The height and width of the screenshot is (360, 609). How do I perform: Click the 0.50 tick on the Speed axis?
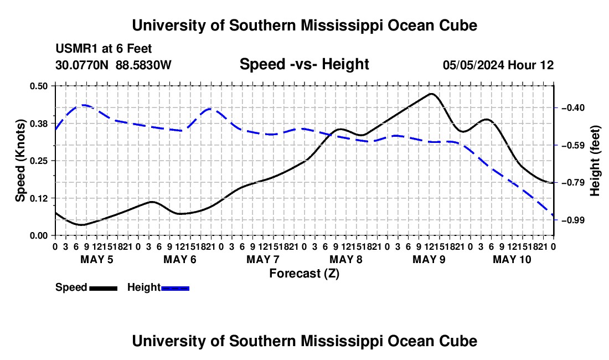39,86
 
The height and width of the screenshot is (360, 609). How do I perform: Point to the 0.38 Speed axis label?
39,124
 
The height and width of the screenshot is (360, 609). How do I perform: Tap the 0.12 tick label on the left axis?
39,198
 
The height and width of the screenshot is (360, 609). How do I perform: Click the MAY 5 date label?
97,259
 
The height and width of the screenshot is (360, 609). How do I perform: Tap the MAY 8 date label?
346,259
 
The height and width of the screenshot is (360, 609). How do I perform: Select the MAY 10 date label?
512,259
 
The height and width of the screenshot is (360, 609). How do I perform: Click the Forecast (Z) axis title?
304,274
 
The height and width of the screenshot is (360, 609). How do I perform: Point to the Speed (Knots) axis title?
20,161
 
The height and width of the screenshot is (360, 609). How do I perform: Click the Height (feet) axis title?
595,161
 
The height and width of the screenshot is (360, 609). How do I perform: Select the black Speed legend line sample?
104,289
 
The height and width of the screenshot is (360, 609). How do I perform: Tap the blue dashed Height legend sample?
175,289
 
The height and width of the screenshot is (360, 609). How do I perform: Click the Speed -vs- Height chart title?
304,64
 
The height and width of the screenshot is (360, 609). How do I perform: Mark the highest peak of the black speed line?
431,94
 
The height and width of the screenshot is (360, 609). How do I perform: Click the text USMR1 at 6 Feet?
104,49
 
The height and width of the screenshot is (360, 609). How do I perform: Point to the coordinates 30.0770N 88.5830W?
113,65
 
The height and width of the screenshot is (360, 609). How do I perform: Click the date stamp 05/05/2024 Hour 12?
498,65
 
